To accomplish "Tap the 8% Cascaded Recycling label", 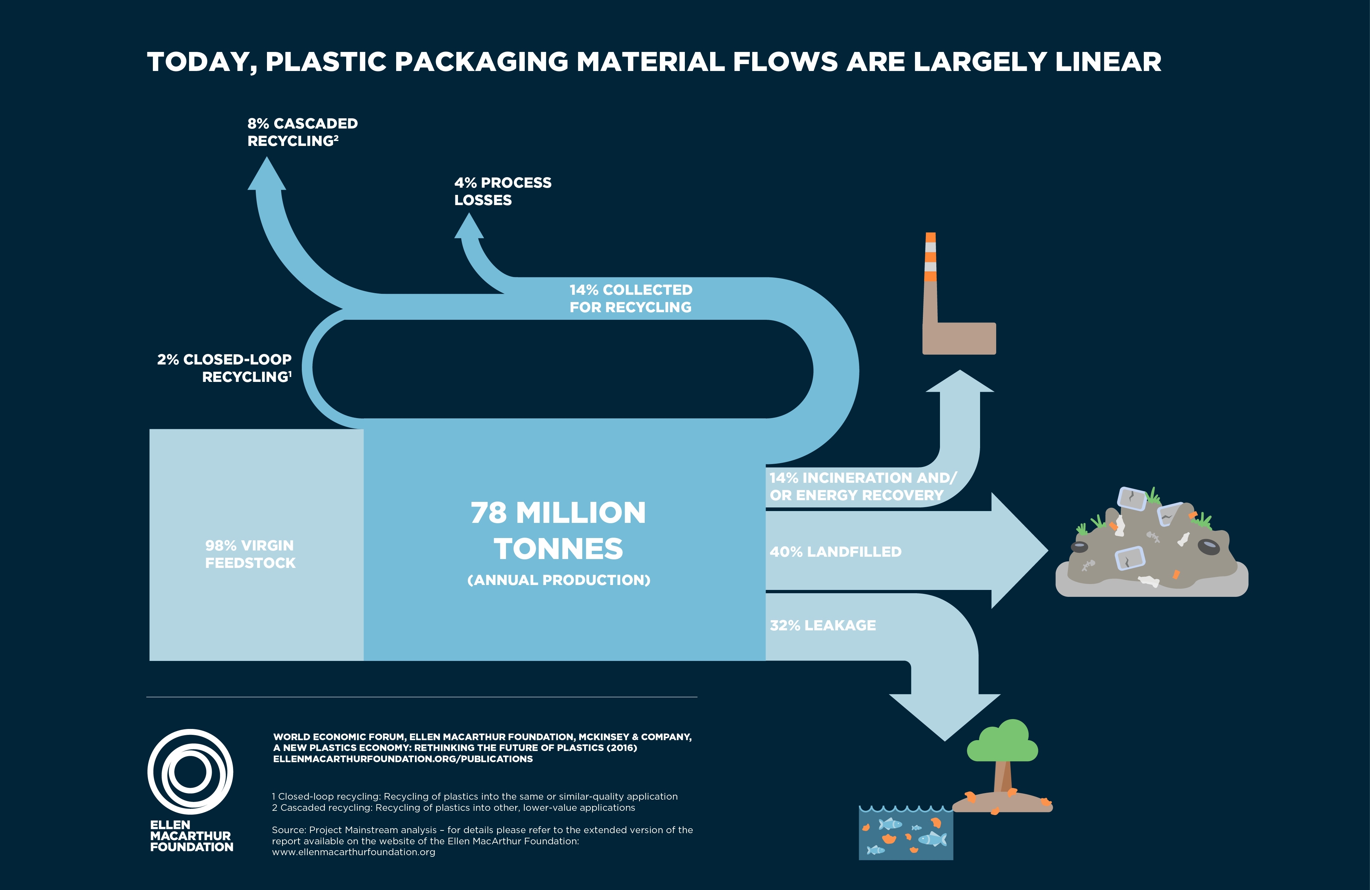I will click(x=302, y=132).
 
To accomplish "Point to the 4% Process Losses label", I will click(x=502, y=191).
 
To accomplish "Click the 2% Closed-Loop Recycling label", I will click(x=225, y=368).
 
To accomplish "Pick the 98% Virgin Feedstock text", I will click(x=250, y=554).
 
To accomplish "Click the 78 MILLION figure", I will click(x=558, y=513).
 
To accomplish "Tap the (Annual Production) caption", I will click(x=558, y=580).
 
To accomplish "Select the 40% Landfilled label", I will click(x=835, y=552).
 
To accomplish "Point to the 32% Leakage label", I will click(x=823, y=625).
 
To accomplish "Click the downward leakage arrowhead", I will click(x=945, y=716).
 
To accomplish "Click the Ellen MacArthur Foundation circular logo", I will click(x=190, y=771).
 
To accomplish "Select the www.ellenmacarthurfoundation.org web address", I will click(x=353, y=852).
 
